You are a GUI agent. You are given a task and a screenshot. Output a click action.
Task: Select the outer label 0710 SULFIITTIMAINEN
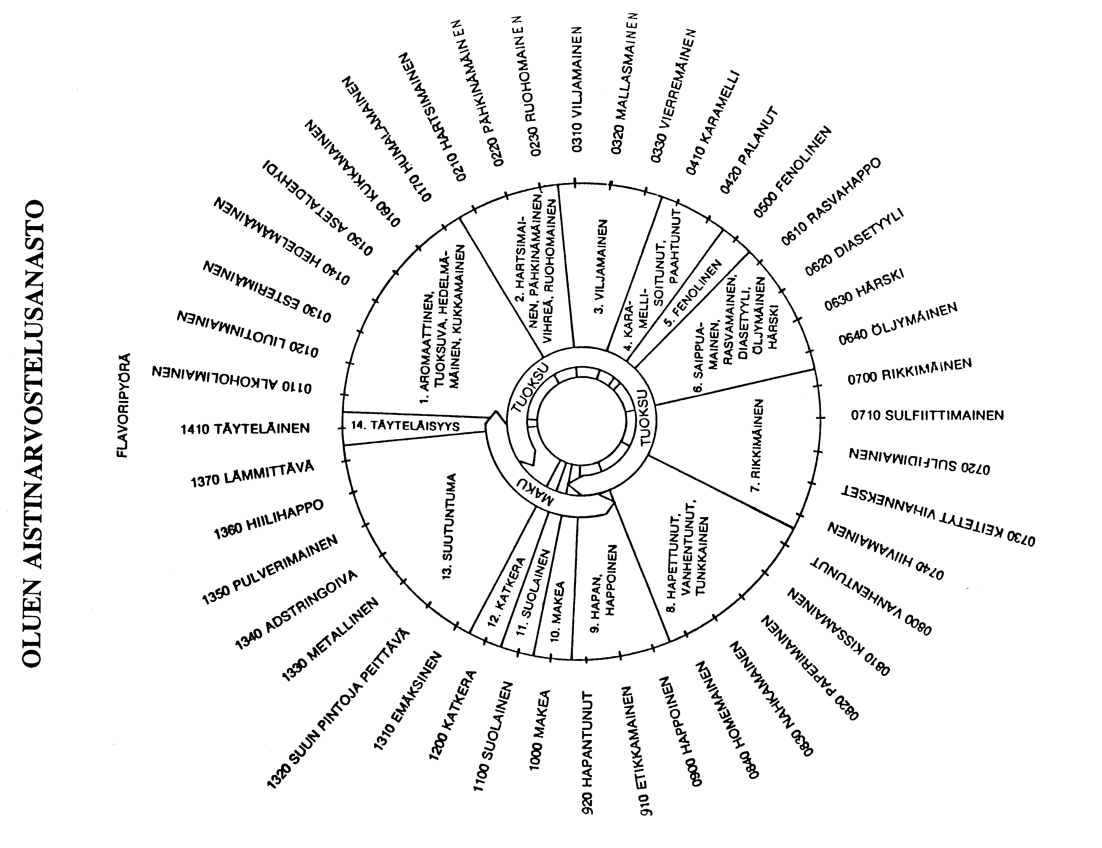pyautogui.click(x=927, y=415)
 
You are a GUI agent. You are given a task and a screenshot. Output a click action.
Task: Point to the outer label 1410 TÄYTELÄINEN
pyautogui.click(x=245, y=429)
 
